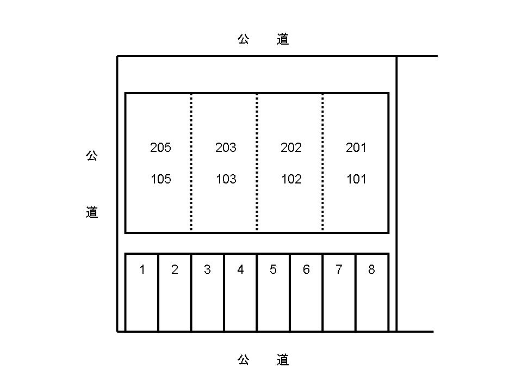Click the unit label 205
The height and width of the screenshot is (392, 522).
pos(160,148)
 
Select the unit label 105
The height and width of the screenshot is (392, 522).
pos(160,179)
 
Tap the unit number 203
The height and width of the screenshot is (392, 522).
pos(226,148)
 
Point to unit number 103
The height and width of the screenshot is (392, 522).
pos(226,179)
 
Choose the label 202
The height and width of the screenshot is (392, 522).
pos(291,148)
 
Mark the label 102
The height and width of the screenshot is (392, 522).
pos(291,179)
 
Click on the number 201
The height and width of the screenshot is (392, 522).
pos(356,148)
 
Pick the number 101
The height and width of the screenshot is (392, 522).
pos(356,179)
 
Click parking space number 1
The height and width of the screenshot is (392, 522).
pos(142,269)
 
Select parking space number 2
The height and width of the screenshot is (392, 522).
pos(175,269)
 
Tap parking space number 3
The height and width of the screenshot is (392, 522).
pos(207,269)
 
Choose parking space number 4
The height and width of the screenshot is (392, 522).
pos(240,269)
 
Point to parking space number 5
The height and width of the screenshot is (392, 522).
pos(273,269)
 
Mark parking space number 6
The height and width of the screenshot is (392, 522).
pos(306,269)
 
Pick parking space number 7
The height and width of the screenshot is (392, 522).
pos(339,269)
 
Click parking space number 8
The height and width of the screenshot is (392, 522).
pos(371,269)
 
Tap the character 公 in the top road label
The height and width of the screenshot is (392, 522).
pos(243,39)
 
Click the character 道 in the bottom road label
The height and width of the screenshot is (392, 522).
pos(282,359)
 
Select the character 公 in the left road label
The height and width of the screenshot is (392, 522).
pos(92,156)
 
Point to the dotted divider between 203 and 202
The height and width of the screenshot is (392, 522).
pos(257,163)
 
